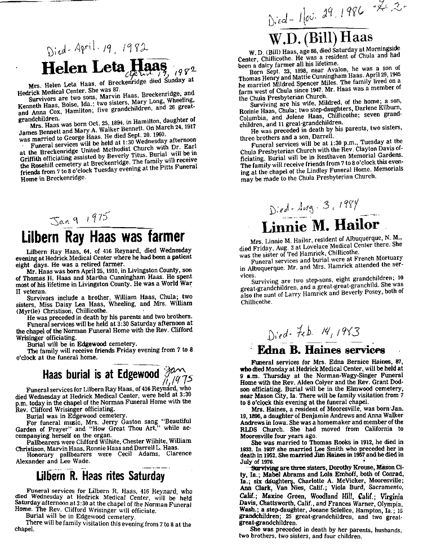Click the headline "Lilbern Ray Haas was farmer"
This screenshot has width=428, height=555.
click(102, 236)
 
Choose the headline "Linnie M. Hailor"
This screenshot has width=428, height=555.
click(320, 226)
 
